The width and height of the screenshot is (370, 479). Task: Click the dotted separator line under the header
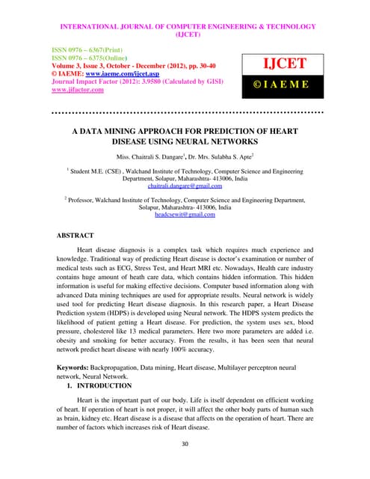point(185,113)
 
